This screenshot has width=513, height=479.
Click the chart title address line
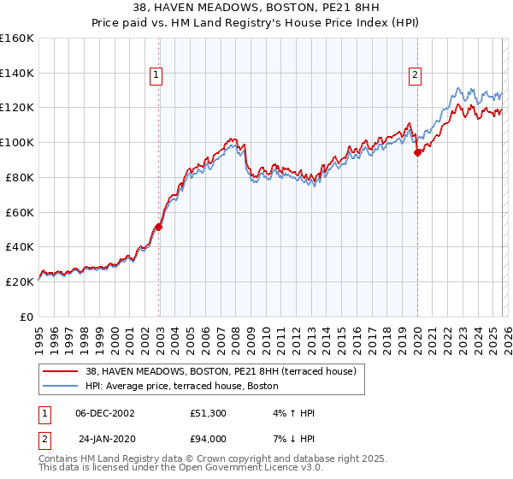pos(256,7)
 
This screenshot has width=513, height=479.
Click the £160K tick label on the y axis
pos(17,38)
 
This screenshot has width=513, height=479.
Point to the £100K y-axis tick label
pos(17,143)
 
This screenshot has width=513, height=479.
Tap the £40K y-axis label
pos(20,247)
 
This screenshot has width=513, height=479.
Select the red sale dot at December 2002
pos(158,227)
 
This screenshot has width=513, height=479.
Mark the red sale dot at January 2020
pos(417,153)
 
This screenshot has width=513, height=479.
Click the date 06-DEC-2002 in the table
pos(105,413)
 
